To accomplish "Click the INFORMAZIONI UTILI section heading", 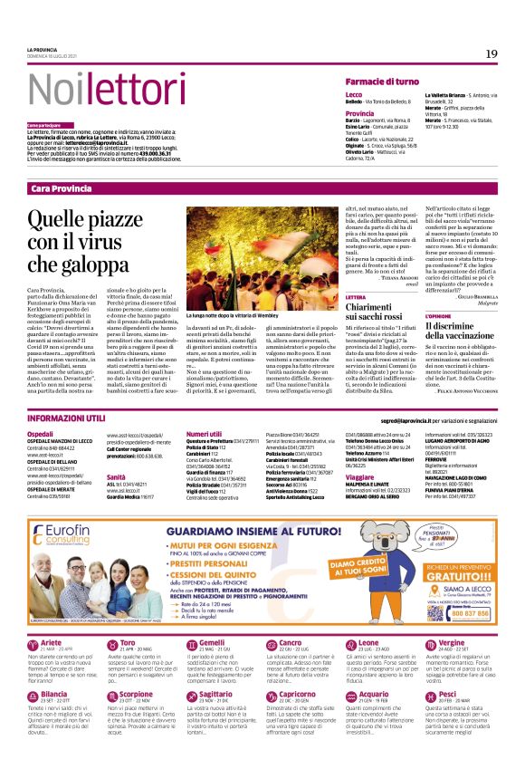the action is pyautogui.click(x=66, y=419).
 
